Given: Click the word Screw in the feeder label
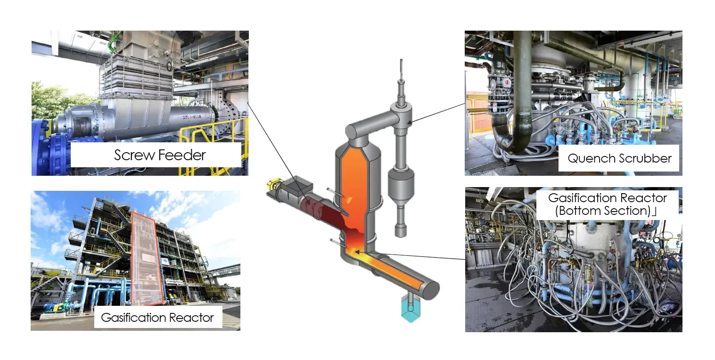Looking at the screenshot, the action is (x=134, y=155).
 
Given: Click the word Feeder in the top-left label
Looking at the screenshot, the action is (x=182, y=155).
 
